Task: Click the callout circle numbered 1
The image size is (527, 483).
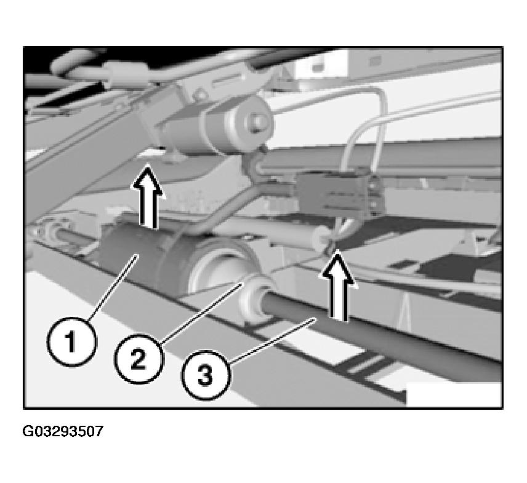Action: click(71, 342)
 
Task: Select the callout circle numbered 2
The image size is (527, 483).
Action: click(139, 359)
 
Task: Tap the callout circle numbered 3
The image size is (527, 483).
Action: click(206, 375)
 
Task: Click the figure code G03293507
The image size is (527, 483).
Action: click(63, 431)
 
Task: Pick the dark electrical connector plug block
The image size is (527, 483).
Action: click(339, 193)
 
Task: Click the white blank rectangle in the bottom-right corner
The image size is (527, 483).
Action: click(454, 394)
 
